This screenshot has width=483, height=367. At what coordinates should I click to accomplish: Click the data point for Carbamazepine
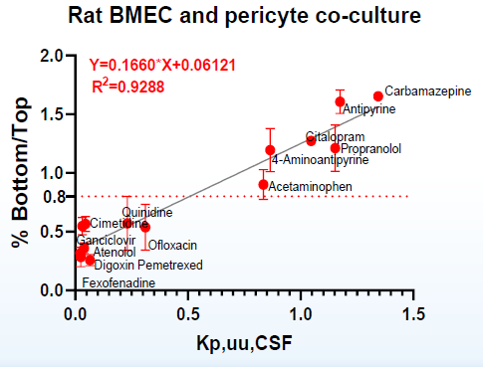point(378,95)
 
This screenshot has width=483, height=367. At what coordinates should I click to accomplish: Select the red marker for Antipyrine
point(340,101)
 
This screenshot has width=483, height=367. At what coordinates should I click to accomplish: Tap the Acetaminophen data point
point(263,184)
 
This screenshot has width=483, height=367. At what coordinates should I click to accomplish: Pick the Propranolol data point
point(336,147)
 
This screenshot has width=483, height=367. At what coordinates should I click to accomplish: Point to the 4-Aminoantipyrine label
point(320,159)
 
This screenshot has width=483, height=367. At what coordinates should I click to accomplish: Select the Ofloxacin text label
point(172,245)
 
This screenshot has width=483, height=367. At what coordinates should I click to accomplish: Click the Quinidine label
point(147,212)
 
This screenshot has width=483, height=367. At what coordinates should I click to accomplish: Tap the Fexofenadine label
point(119,283)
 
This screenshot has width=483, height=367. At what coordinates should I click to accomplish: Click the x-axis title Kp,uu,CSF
point(245,343)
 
